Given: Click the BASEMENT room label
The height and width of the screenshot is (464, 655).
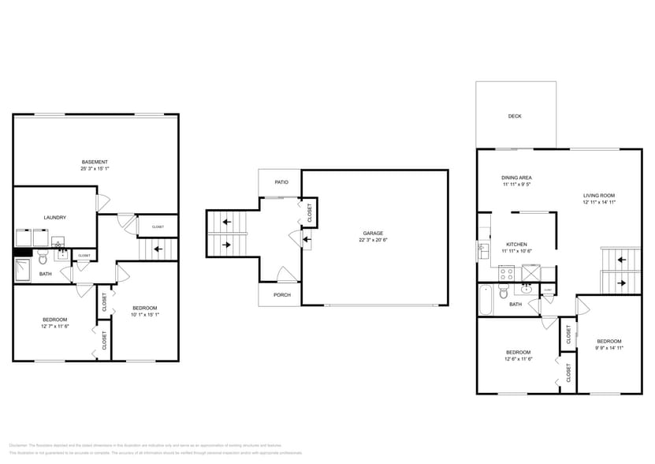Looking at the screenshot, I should pyautogui.click(x=95, y=162).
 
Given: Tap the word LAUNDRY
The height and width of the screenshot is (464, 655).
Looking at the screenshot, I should pyautogui.click(x=54, y=217).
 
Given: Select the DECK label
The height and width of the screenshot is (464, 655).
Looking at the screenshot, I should pyautogui.click(x=515, y=116).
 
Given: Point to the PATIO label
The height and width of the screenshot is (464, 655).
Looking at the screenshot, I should pyautogui.click(x=281, y=182).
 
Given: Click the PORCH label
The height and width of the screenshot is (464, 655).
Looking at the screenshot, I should pyautogui.click(x=282, y=295).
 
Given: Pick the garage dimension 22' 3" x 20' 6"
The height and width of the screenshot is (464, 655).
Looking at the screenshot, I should pyautogui.click(x=373, y=240).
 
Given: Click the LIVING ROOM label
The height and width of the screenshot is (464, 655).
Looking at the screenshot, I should pyautogui.click(x=599, y=195).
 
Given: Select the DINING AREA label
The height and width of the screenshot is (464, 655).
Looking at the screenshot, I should pyautogui.click(x=516, y=178).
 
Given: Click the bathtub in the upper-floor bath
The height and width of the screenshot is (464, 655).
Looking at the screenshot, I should pyautogui.click(x=486, y=301).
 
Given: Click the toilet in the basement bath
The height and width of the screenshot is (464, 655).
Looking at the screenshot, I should pyautogui.click(x=44, y=257).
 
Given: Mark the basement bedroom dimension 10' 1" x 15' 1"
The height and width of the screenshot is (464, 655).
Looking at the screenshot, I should pyautogui.click(x=145, y=314).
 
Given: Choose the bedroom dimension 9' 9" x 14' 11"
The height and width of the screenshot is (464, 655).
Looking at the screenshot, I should pyautogui.click(x=609, y=348).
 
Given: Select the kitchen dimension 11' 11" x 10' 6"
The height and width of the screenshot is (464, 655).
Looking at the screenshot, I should pyautogui.click(x=516, y=251).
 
